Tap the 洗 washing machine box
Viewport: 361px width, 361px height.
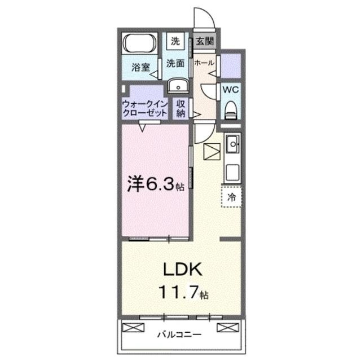(x=175, y=41)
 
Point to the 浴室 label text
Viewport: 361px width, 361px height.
(x=140, y=67)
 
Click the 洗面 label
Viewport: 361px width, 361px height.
(x=175, y=64)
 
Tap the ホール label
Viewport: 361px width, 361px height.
(x=204, y=63)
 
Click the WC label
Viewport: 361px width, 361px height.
(x=230, y=89)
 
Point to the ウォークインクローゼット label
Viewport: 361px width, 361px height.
(x=144, y=108)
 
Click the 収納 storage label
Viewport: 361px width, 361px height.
(x=180, y=108)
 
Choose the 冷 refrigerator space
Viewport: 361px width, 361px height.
(x=231, y=197)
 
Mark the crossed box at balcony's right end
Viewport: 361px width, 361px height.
(x=226, y=328)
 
